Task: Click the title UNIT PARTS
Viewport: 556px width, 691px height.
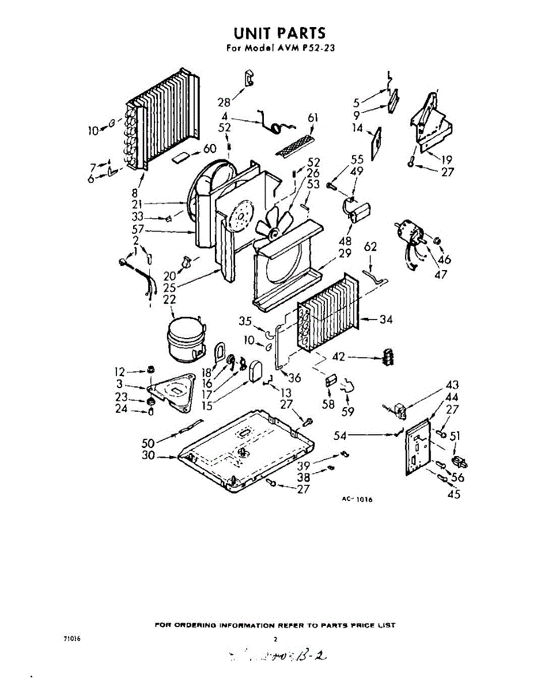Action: [279, 33]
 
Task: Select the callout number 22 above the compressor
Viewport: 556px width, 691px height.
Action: [169, 299]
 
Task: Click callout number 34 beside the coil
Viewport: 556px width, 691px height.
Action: [385, 319]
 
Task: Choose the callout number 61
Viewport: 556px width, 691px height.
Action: [313, 118]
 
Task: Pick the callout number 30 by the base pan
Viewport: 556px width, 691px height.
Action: [149, 456]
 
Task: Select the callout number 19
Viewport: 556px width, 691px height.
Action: [447, 160]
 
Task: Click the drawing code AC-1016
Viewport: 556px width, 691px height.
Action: [357, 500]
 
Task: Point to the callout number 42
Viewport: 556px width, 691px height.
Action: [339, 357]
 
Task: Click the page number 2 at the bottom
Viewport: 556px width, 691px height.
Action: [276, 639]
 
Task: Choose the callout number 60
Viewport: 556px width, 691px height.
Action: [210, 149]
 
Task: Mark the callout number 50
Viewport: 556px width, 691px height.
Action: [149, 443]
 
